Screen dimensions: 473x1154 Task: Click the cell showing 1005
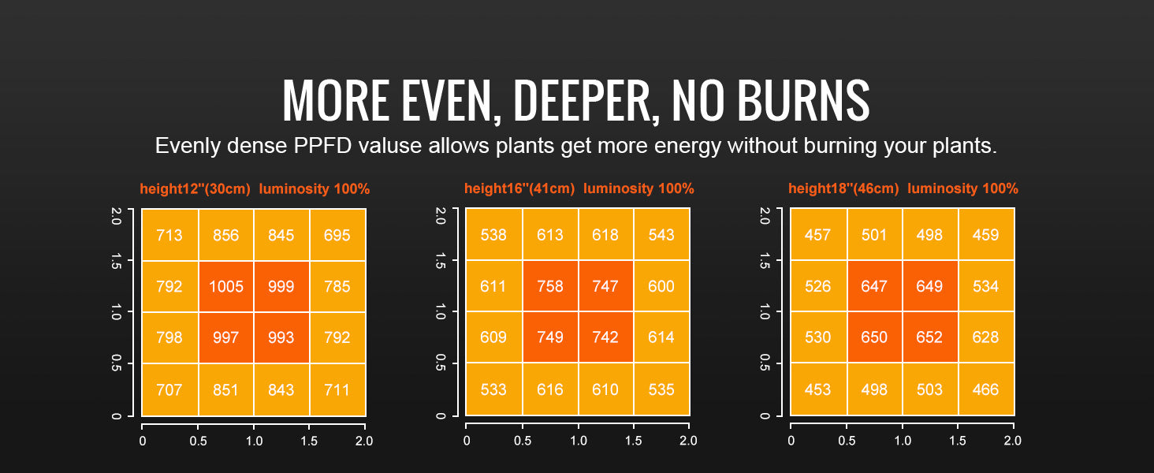225,286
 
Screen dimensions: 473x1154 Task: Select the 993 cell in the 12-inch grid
281,337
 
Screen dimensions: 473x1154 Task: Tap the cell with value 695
337,235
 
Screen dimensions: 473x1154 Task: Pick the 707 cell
169,389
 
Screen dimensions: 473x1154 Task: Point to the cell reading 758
550,286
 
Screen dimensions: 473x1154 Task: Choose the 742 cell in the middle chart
605,337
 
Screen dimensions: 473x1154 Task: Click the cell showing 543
661,235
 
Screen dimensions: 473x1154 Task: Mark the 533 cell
493,389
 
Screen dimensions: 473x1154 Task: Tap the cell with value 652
930,337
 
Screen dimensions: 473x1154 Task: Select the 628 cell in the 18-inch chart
985,337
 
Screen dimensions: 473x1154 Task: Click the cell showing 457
818,235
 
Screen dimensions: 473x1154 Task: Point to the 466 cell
985,389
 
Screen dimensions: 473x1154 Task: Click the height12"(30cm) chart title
195,189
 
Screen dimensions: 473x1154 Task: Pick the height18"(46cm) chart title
843,189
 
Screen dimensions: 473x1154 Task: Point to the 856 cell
225,235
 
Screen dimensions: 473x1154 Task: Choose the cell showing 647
874,286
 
